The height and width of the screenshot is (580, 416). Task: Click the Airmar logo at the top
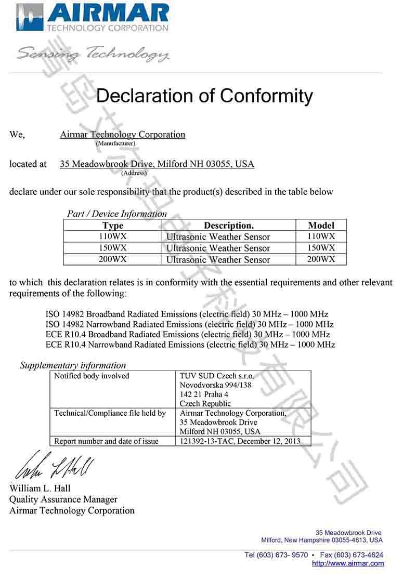(x=93, y=18)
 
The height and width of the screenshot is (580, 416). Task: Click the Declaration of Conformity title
(x=204, y=96)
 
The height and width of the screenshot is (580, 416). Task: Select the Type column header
(x=113, y=226)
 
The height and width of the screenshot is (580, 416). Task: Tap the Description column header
(x=229, y=226)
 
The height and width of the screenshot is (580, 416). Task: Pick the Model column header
(x=321, y=226)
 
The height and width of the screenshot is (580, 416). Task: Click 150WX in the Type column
(x=113, y=248)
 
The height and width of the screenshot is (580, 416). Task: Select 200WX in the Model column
(x=321, y=259)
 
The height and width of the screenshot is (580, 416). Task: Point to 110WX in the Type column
(x=113, y=236)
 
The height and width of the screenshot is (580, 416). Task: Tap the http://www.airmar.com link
(x=348, y=563)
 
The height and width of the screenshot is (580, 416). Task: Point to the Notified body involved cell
(x=92, y=376)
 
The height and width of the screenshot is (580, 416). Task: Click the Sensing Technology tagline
(x=93, y=54)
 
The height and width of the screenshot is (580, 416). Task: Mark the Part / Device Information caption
(x=117, y=214)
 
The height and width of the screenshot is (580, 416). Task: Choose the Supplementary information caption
(x=73, y=365)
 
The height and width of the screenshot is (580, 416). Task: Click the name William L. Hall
(x=40, y=489)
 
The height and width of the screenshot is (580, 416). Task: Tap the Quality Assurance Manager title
(x=63, y=499)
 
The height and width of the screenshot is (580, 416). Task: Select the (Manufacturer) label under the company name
(x=115, y=143)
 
